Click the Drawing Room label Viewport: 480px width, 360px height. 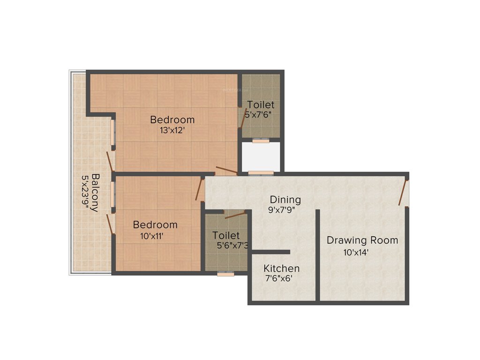[362, 240]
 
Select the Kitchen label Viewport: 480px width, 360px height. [281, 269]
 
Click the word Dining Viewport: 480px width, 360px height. [285, 200]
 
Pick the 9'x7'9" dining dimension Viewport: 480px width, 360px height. [284, 210]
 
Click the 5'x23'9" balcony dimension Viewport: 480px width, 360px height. [85, 193]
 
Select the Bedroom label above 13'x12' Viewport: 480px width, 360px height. [172, 120]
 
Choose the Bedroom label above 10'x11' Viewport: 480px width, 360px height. [155, 225]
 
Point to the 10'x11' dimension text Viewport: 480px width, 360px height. [152, 236]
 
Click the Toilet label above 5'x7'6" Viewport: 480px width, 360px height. [261, 105]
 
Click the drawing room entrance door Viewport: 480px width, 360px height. [403, 193]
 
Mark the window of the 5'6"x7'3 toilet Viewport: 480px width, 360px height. [225, 273]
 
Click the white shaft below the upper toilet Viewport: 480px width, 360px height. [261, 156]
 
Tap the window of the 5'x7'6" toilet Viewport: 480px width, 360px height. [261, 140]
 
